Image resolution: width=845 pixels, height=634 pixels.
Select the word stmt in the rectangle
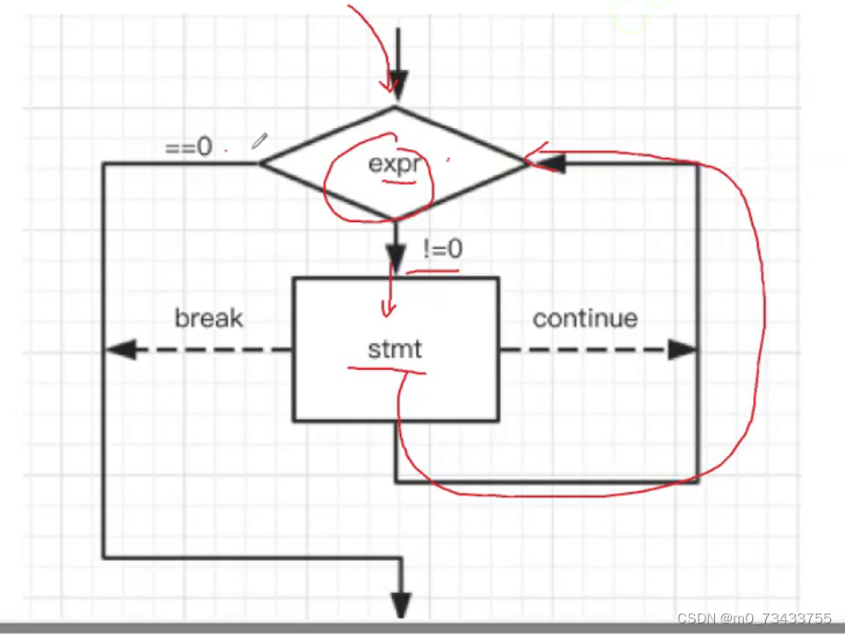[395, 349]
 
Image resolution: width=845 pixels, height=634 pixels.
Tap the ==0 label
[189, 146]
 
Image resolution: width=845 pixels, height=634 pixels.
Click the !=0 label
[442, 249]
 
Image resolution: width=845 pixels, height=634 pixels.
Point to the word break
[209, 317]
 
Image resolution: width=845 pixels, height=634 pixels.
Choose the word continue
[584, 317]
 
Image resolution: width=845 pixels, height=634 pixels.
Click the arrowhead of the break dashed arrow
[120, 350]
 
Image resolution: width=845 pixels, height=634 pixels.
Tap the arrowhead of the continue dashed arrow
[682, 350]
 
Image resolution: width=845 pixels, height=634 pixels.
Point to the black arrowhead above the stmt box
[396, 264]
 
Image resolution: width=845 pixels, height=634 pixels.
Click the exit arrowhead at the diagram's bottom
[401, 604]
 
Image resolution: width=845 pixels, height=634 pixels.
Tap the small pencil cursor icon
[260, 140]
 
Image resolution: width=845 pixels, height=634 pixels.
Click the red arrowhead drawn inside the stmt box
[386, 310]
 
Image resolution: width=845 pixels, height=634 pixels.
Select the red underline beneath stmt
[386, 369]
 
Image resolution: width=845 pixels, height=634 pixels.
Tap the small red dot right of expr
[449, 160]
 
